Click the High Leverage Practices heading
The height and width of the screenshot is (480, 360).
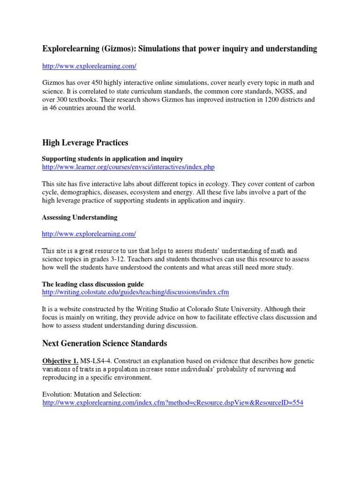click(85, 142)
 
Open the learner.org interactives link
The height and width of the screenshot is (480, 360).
click(128, 167)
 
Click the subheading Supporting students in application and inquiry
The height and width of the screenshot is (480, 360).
click(113, 159)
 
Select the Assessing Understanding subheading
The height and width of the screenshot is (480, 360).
click(80, 217)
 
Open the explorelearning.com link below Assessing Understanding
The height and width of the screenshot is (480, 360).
click(89, 233)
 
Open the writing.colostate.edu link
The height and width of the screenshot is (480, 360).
click(135, 292)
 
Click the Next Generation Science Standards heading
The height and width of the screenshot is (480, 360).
click(105, 344)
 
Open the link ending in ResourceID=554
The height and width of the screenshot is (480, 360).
click(172, 403)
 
